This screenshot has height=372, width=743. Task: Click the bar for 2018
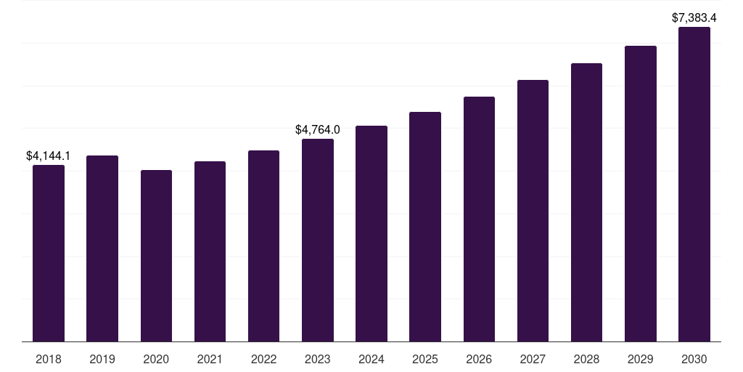pos(49,254)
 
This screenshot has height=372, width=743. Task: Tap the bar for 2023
pos(318,240)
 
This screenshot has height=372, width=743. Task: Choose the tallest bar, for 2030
pos(694,185)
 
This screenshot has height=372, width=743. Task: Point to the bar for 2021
pos(210,251)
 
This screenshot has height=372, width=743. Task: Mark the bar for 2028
pos(586,203)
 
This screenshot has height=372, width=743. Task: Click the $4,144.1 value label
pos(48,155)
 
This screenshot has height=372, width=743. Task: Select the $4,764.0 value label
pos(317,129)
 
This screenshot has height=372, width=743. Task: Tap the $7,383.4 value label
pos(694,17)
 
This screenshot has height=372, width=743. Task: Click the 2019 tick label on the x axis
pos(102,359)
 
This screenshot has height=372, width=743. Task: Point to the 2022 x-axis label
pos(263,359)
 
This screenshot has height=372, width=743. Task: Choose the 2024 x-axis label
pos(371,359)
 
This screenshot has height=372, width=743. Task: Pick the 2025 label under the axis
pos(425,359)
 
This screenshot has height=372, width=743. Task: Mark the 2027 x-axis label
pos(533,359)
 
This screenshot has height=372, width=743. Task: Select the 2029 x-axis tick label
pos(641,359)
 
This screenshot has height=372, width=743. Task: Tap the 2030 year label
pos(694,359)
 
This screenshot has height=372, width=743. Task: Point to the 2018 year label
pos(49,359)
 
